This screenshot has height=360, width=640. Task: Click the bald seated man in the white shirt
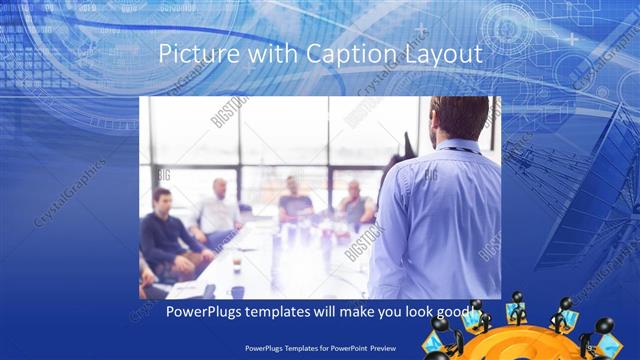pos(219,210)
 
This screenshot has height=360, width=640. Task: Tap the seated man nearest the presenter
pos(356,205)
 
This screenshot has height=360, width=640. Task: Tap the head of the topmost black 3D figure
pos(519,297)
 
